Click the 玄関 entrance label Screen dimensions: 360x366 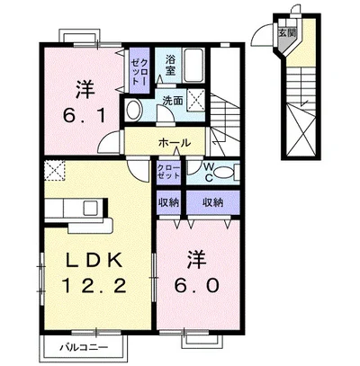(287, 33)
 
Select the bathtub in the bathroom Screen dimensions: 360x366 (194, 66)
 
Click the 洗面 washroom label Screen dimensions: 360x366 (173, 101)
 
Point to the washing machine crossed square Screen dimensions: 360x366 (196, 100)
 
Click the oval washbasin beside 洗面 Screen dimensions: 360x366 (134, 110)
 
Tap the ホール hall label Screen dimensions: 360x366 (175, 143)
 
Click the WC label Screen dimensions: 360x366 (209, 172)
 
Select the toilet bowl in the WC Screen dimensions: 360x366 (225, 172)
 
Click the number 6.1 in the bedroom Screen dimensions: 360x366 (85, 115)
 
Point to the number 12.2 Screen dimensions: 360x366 (94, 285)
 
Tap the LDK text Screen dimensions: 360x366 (94, 260)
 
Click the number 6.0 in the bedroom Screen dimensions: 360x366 (197, 285)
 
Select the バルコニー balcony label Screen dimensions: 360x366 (84, 348)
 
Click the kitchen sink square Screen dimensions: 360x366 (90, 208)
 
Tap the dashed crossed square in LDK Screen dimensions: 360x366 (55, 170)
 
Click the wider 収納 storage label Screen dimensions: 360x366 (213, 203)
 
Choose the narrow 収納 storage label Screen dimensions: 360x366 (168, 203)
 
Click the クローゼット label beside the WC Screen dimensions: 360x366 (168, 172)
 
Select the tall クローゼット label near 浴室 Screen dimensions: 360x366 (139, 71)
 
